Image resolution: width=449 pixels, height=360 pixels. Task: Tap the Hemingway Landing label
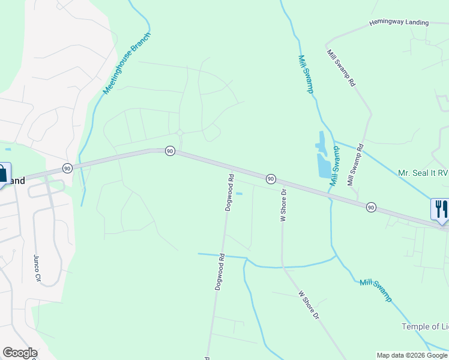click(399, 23)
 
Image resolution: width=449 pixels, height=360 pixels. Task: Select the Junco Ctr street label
click(37, 268)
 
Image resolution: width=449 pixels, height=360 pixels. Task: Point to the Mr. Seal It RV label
click(423, 173)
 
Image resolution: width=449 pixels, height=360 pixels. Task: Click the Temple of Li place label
click(424, 326)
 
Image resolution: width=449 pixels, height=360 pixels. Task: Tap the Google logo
click(20, 353)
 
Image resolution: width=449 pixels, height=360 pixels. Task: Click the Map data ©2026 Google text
click(412, 355)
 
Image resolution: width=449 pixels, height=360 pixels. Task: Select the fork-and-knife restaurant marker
click(440, 209)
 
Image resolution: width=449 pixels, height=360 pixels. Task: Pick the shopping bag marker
click(2, 174)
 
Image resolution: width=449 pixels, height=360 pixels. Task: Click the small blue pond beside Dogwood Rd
click(240, 193)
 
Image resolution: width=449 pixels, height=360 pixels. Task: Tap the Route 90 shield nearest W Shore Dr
click(271, 178)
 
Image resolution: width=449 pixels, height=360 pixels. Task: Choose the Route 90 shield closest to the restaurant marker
click(371, 207)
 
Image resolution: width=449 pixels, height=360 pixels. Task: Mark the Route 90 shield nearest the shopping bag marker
click(67, 167)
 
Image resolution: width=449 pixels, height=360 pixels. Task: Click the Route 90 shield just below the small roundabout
click(170, 151)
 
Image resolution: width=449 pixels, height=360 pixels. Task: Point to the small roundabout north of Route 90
click(179, 133)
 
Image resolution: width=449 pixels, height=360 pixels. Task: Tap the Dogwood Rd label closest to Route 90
click(229, 193)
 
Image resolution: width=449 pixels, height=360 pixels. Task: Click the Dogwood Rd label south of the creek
click(220, 272)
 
